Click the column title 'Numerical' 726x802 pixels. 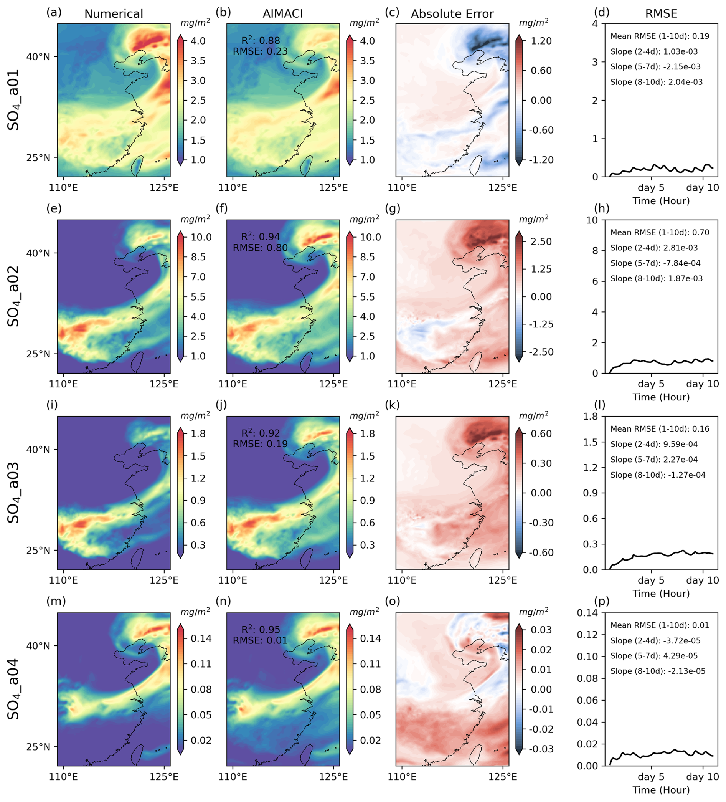point(113,14)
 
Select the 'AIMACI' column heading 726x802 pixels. point(283,14)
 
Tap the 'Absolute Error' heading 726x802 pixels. point(452,14)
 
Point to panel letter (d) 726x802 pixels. point(602,12)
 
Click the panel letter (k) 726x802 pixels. point(393,405)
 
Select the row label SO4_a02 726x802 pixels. point(13,296)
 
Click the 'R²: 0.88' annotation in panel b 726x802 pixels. point(261,40)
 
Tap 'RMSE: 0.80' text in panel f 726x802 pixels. point(260,248)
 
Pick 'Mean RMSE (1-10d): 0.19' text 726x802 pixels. point(660,36)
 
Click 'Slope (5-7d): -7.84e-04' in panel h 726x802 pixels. point(655,263)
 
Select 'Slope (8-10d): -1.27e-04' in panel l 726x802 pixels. point(658,475)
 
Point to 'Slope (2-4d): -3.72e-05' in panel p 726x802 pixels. point(655,641)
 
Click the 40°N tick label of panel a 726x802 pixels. point(38,57)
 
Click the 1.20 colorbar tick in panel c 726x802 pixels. point(541,41)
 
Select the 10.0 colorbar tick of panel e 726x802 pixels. point(201,238)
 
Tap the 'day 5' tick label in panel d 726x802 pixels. point(651,188)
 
